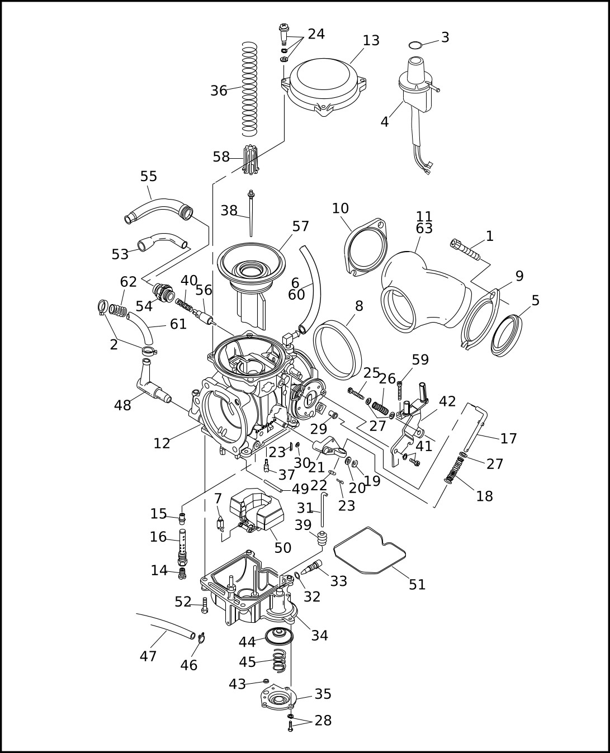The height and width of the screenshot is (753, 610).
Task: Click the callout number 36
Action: point(219,91)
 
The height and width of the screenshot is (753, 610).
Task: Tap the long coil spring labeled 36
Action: point(249,89)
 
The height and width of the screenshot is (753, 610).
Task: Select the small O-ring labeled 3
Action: point(415,45)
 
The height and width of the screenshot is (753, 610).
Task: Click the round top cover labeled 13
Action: point(324,87)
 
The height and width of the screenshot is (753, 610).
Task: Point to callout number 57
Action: point(301,226)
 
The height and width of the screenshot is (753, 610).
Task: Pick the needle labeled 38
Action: point(251,214)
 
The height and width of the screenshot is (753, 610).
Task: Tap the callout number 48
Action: point(122,405)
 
